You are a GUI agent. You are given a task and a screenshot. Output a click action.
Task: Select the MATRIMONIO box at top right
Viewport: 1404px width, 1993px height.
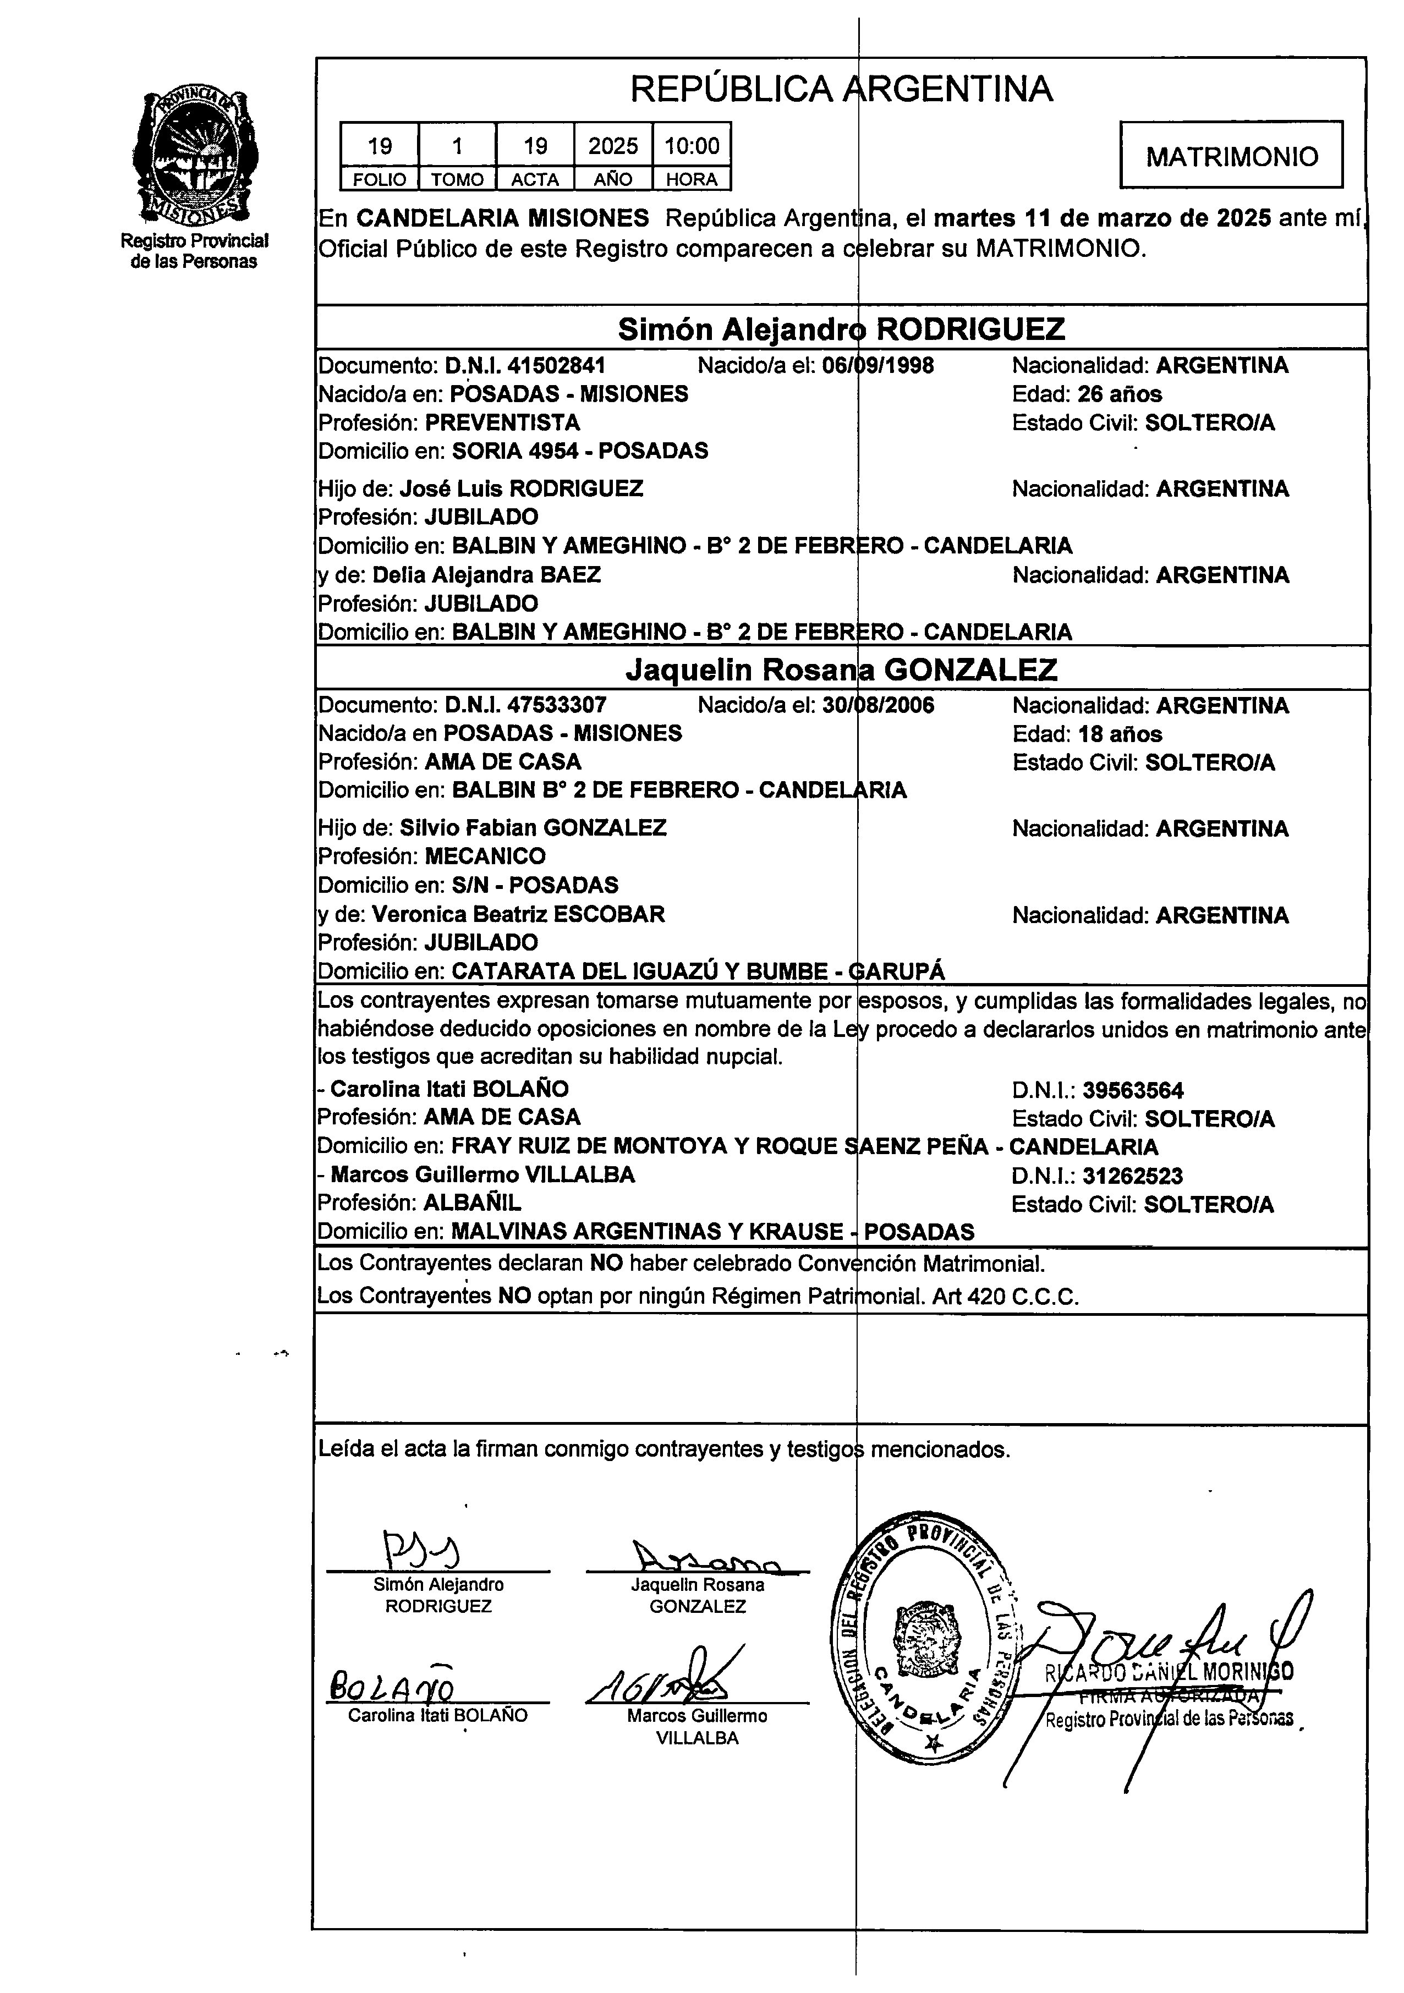click(x=1231, y=156)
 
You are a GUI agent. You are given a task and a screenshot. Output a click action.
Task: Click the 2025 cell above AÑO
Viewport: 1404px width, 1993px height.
click(x=613, y=146)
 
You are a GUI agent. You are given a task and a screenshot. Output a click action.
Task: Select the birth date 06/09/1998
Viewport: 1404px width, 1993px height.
click(x=878, y=365)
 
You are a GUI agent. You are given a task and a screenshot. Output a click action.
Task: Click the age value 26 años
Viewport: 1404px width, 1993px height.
click(x=1119, y=394)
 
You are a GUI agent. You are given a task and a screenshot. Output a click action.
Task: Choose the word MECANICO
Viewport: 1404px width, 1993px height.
click(x=485, y=856)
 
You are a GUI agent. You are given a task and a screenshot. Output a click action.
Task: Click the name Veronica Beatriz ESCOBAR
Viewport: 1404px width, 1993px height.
click(x=518, y=914)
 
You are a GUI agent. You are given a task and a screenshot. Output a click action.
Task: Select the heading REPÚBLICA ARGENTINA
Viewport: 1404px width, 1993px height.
click(x=841, y=89)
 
